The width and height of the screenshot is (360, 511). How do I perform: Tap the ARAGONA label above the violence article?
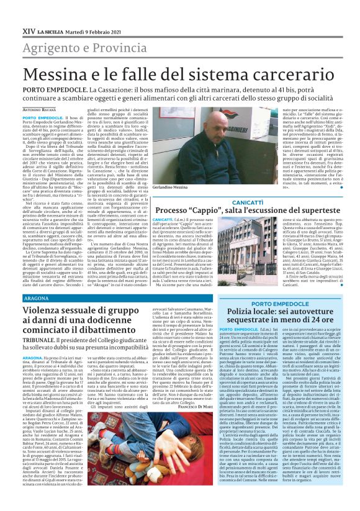pos(37,298)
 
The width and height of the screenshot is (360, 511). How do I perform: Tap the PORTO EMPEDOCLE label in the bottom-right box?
pos(277,304)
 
